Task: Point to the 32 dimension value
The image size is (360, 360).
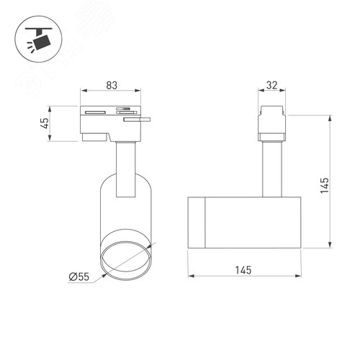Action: tap(271, 85)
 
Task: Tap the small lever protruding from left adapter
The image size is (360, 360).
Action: tap(137, 122)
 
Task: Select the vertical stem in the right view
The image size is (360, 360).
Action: tap(271, 167)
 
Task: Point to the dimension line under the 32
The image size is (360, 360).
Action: tap(271, 92)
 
